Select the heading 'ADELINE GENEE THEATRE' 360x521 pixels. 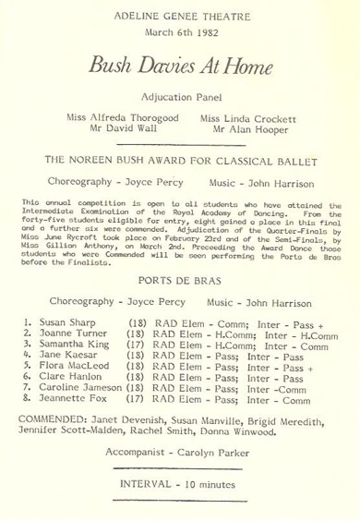pos(179,16)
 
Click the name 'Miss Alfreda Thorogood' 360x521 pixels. pos(114,118)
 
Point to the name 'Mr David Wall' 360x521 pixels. pos(114,131)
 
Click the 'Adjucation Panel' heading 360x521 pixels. pos(179,96)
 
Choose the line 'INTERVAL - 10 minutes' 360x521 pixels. pos(179,505)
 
